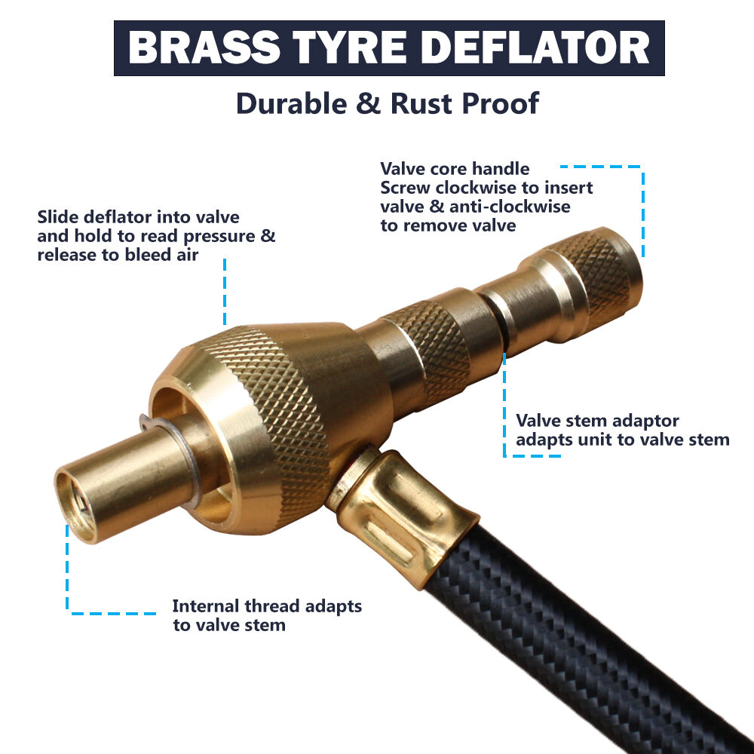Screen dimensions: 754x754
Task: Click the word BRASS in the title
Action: pyautogui.click(x=204, y=48)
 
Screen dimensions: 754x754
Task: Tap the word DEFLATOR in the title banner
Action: pyautogui.click(x=538, y=48)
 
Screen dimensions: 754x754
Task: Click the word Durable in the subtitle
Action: pyautogui.click(x=291, y=103)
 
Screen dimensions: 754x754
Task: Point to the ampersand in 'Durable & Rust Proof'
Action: pyautogui.click(x=369, y=103)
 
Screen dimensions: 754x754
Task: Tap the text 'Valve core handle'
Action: pyautogui.click(x=455, y=169)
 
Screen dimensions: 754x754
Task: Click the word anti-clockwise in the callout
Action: pyautogui.click(x=510, y=207)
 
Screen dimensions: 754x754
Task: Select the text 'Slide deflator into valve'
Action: pyautogui.click(x=139, y=217)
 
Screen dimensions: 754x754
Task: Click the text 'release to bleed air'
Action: pyautogui.click(x=118, y=255)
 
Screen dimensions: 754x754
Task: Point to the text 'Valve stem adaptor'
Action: pyautogui.click(x=597, y=421)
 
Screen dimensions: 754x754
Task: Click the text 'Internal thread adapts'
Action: pyautogui.click(x=267, y=606)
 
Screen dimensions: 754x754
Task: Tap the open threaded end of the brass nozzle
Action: pyautogui.click(x=75, y=507)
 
